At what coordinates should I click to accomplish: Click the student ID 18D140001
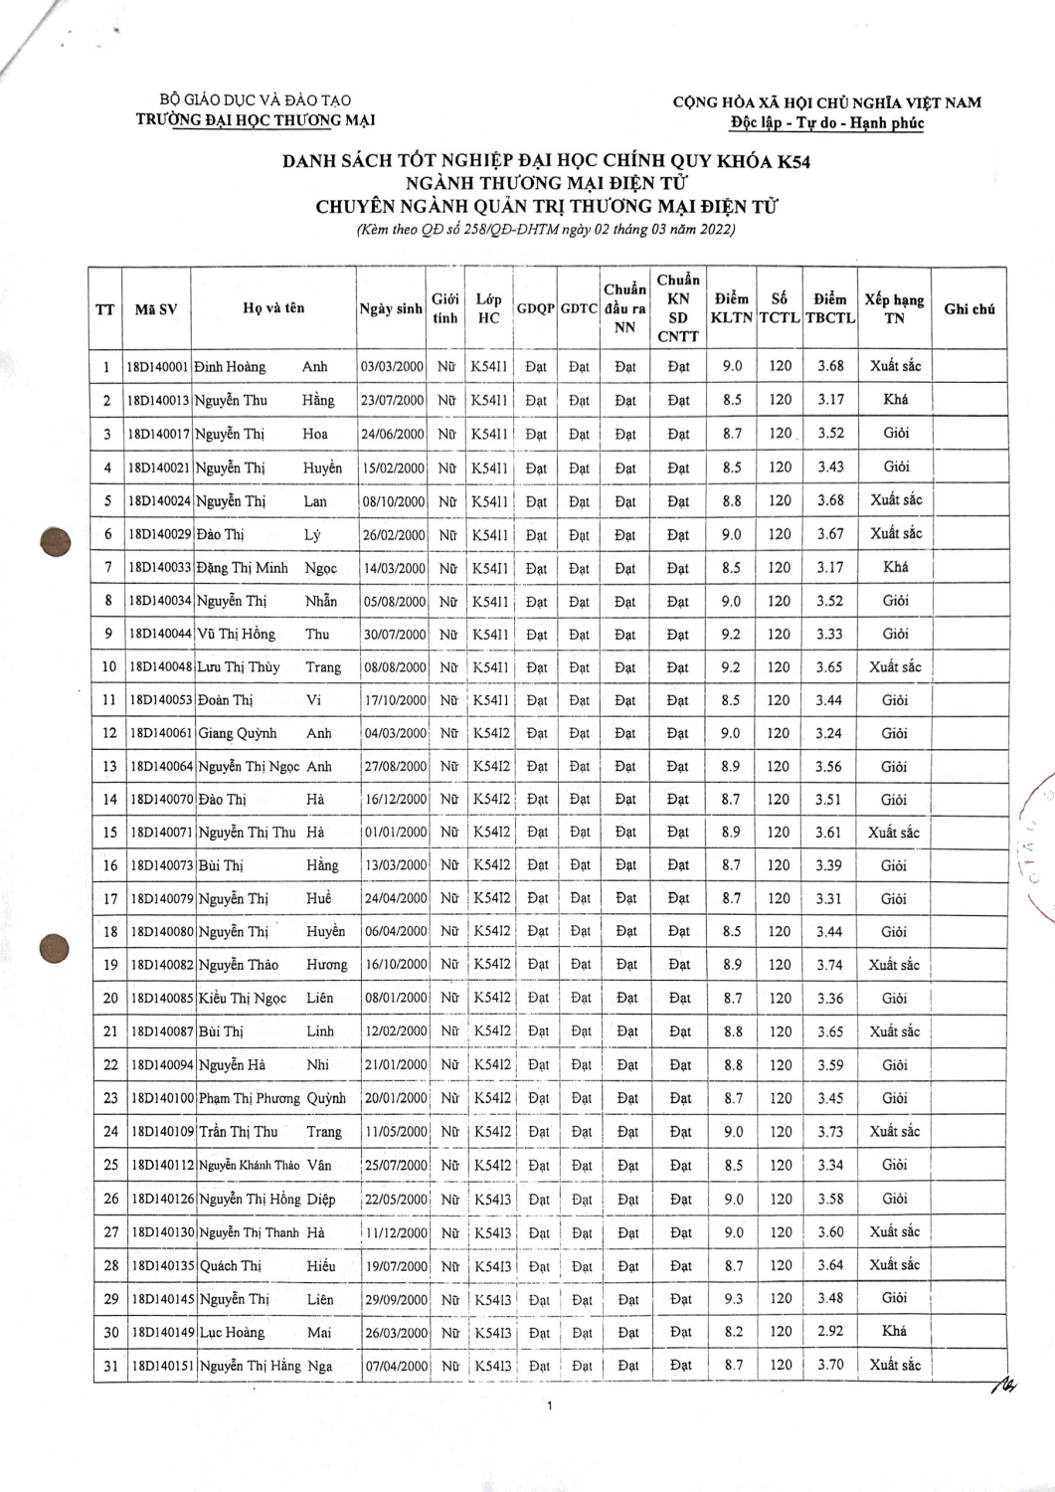(x=157, y=366)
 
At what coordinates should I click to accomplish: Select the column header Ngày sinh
(x=391, y=308)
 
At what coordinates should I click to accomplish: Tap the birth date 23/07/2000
(x=392, y=400)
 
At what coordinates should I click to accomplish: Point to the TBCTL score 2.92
(x=830, y=1331)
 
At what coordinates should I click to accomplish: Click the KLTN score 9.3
(x=734, y=1298)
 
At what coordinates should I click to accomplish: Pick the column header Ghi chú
(x=969, y=308)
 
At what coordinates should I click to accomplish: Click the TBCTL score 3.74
(x=829, y=965)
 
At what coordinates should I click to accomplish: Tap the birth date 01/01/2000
(x=395, y=833)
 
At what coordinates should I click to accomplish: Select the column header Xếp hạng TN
(x=894, y=308)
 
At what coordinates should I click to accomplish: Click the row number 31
(x=111, y=1366)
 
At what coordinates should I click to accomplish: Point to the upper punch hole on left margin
(x=56, y=542)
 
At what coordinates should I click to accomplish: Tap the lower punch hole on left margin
(x=54, y=948)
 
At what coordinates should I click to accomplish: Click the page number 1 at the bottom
(x=550, y=1405)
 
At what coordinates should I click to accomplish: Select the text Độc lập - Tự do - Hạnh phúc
(x=826, y=122)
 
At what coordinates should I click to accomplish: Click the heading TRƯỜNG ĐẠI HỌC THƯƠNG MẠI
(x=256, y=119)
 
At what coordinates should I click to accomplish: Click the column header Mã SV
(x=156, y=308)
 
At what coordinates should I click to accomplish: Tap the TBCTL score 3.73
(x=830, y=1131)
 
